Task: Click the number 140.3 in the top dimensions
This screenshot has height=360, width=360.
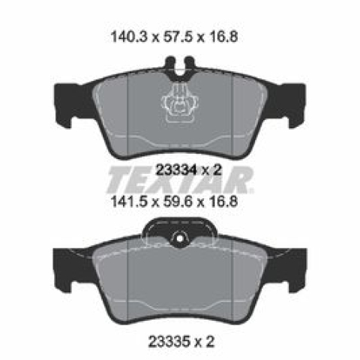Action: point(130,37)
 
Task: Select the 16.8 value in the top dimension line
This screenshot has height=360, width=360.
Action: point(221,37)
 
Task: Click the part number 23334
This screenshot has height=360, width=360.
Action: point(175,170)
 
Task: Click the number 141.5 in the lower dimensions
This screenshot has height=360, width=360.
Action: point(130,202)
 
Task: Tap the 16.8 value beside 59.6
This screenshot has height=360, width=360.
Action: point(221,202)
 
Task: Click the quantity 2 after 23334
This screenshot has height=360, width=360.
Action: point(217,170)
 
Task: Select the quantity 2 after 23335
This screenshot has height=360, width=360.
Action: point(209,341)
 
